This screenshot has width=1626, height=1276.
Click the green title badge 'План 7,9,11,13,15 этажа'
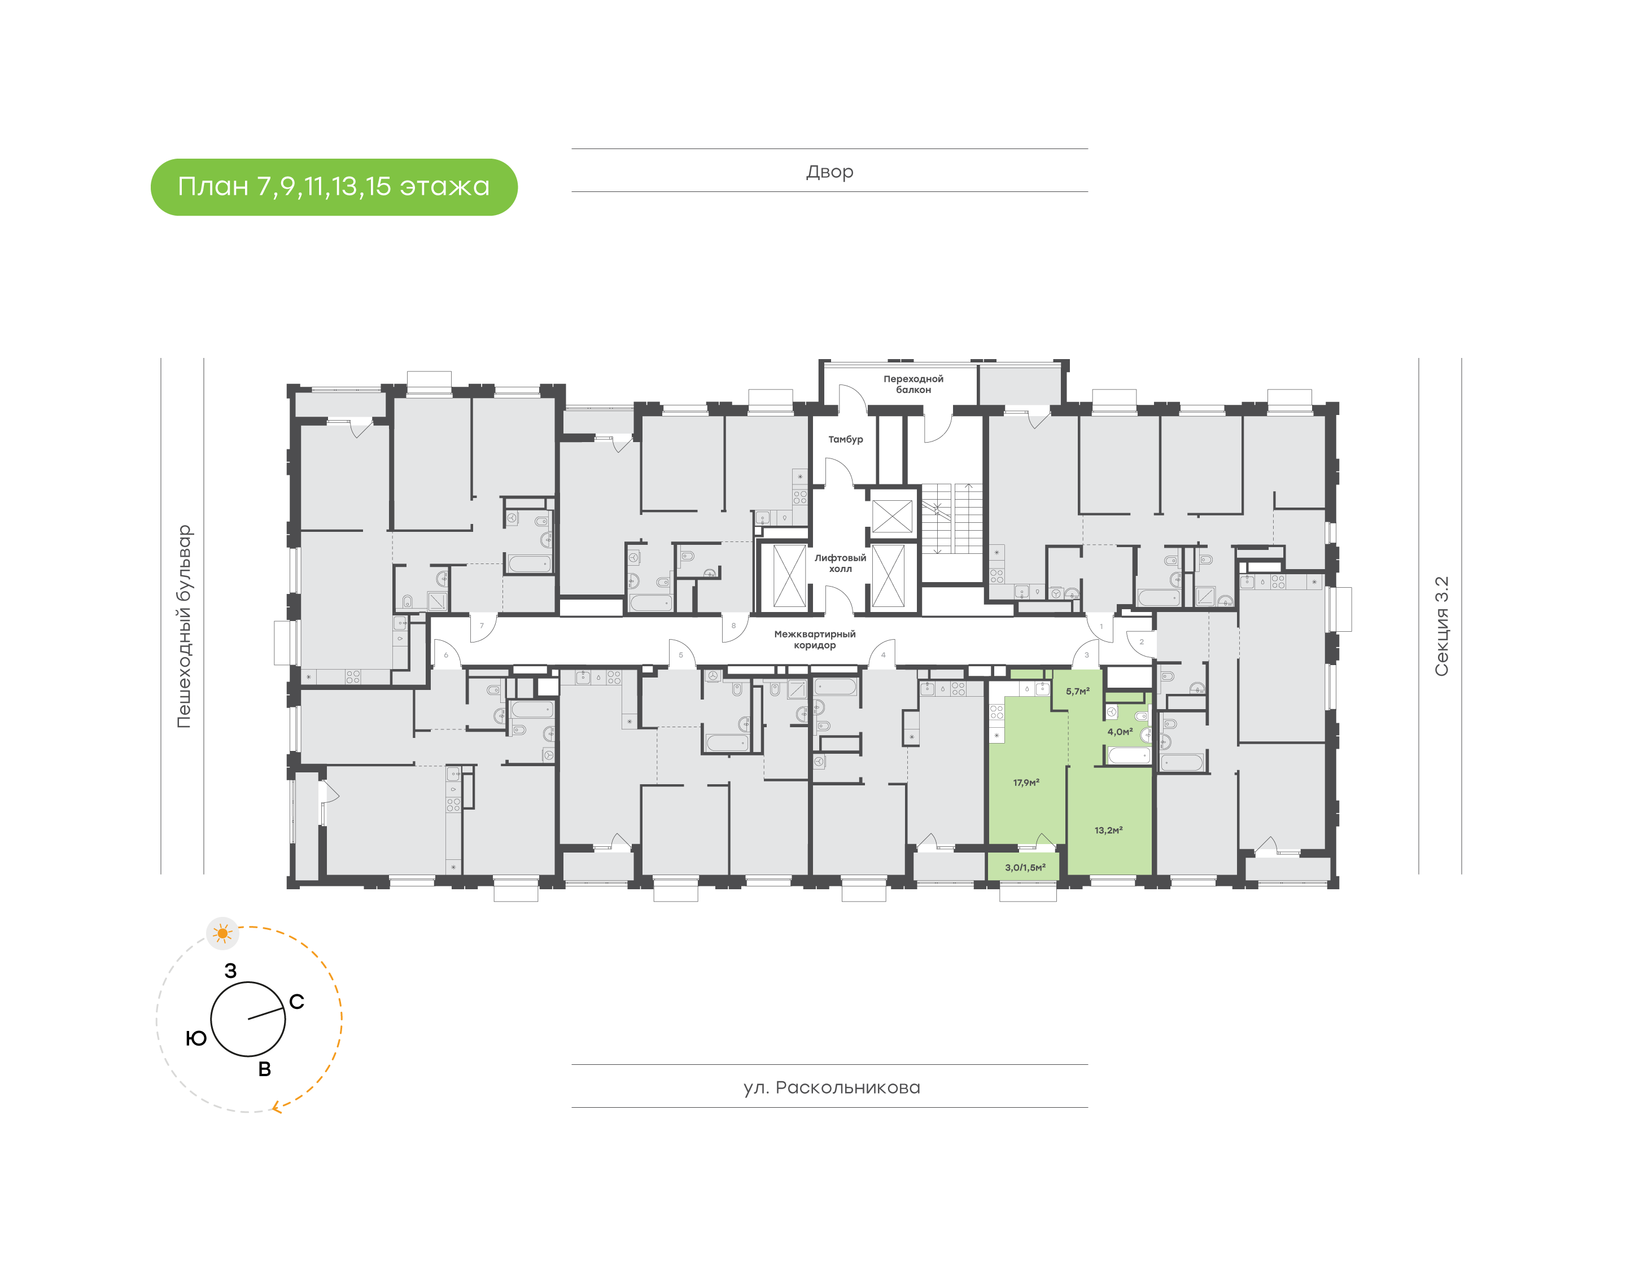coord(333,187)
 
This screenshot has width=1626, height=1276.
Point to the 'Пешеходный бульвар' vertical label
coord(183,626)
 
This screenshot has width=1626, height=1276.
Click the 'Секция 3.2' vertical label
coord(1441,626)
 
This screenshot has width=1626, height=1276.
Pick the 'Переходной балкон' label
coord(913,384)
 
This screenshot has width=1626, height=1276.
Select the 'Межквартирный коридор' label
coord(814,640)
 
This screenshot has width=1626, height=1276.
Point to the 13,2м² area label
coord(1108,830)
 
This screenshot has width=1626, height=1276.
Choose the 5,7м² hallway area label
coord(1077,692)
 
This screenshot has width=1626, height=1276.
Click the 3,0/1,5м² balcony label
coord(1025,867)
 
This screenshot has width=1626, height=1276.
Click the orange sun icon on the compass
coord(222,933)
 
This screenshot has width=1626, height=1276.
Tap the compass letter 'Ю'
coord(196,1038)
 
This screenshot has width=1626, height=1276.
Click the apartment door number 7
coord(482,626)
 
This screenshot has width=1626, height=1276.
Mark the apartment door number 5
coord(680,655)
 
